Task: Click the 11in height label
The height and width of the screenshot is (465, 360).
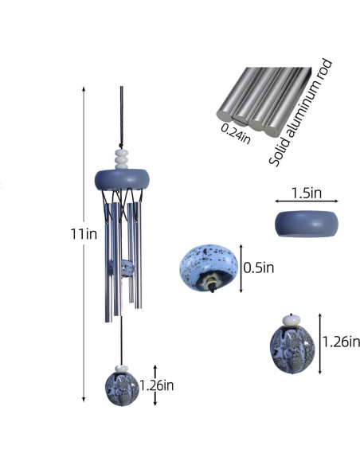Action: coord(84,234)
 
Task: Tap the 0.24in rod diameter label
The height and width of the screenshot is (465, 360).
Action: coord(236,134)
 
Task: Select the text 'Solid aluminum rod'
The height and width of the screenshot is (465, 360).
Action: coord(300,112)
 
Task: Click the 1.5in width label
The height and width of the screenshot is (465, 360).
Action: coord(307,193)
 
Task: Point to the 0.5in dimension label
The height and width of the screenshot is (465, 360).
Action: coord(259,268)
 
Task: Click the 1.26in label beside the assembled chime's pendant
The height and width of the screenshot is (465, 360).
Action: coord(157,385)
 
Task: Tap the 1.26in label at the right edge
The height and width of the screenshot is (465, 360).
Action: coord(341,342)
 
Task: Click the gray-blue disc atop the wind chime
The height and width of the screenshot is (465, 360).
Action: coord(122,179)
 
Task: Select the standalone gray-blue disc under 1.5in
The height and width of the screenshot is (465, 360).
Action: coord(307,224)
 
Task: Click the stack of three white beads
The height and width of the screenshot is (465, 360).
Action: coord(122,159)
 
